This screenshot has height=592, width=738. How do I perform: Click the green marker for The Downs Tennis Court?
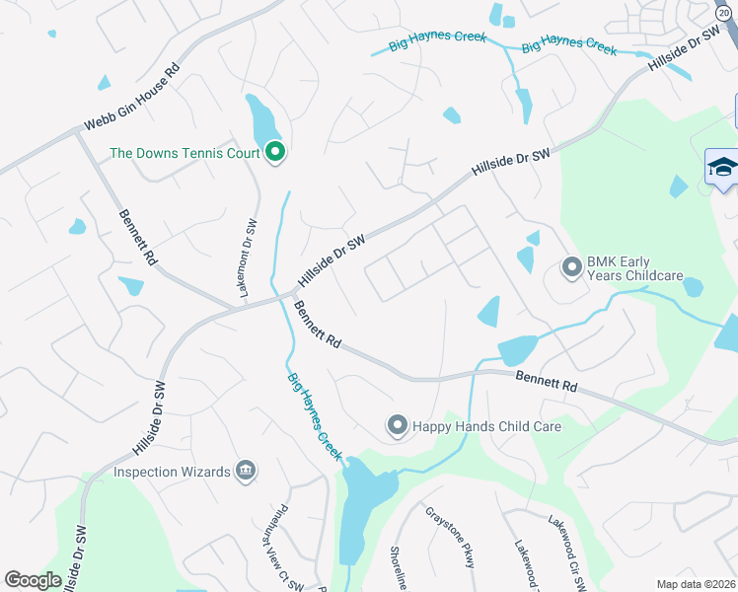(275, 152)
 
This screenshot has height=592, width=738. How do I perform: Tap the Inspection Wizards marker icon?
(246, 472)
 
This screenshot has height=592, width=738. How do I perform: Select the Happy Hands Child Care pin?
(397, 426)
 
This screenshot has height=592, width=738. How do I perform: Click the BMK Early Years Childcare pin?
(571, 267)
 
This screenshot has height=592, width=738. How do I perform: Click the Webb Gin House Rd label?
(131, 106)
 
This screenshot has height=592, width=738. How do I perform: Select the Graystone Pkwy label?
(451, 537)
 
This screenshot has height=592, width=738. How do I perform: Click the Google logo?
(33, 580)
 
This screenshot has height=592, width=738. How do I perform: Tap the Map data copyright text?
(697, 584)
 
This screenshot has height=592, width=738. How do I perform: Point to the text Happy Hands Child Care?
(486, 426)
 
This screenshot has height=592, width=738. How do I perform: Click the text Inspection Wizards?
(172, 472)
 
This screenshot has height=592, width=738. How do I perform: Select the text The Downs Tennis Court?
(184, 153)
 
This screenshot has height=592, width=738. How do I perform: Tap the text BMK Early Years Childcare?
(635, 268)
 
